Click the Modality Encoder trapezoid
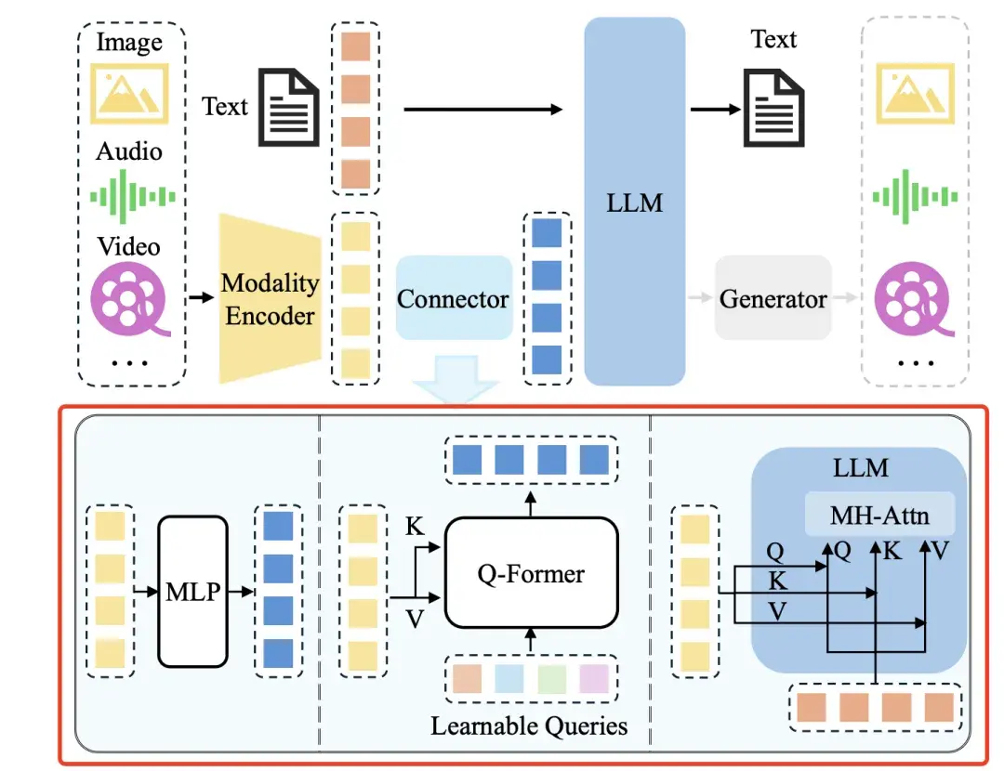click(x=270, y=299)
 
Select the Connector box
click(x=453, y=299)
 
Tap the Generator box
click(x=773, y=299)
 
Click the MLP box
click(x=192, y=592)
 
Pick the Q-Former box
click(x=531, y=573)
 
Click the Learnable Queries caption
click(x=529, y=725)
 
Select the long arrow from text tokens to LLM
click(x=483, y=110)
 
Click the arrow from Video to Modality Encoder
click(x=200, y=298)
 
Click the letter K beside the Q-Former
click(x=416, y=528)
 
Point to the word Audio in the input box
click(x=129, y=150)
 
